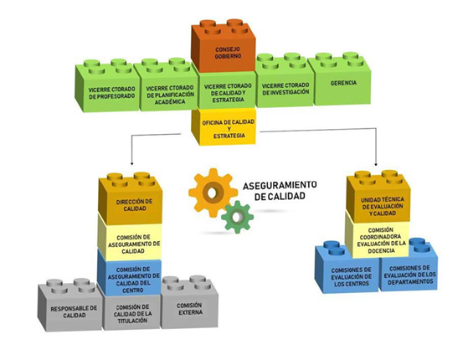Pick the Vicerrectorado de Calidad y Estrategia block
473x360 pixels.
click(x=228, y=90)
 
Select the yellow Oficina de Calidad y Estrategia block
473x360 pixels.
click(x=224, y=127)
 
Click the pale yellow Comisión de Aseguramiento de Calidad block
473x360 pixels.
click(x=131, y=239)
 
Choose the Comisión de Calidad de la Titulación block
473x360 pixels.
click(x=131, y=311)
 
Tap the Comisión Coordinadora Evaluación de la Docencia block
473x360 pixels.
click(x=378, y=239)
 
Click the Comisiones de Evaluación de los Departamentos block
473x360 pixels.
click(x=408, y=270)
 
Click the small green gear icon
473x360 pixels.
click(x=238, y=217)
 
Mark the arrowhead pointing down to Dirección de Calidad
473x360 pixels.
click(x=131, y=163)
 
